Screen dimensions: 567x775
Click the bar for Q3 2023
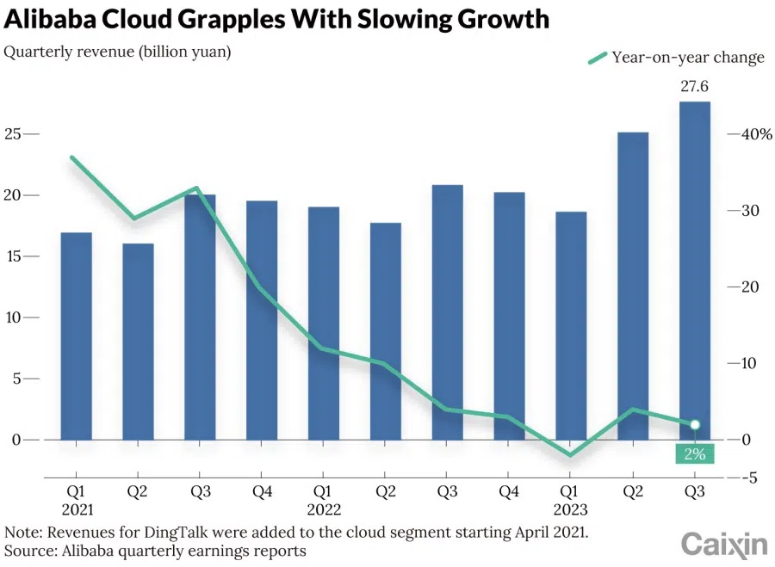pyautogui.click(x=695, y=270)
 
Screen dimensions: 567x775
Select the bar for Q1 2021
pyautogui.click(x=76, y=336)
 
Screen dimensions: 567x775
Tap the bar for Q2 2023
pyautogui.click(x=633, y=286)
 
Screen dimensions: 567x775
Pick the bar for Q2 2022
pyautogui.click(x=385, y=331)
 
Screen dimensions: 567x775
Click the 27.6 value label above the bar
pyautogui.click(x=695, y=87)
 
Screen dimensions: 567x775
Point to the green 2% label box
pyautogui.click(x=695, y=453)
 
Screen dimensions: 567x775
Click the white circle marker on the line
pyautogui.click(x=695, y=424)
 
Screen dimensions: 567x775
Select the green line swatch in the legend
pyautogui.click(x=597, y=58)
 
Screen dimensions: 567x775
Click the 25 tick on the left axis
pyautogui.click(x=13, y=134)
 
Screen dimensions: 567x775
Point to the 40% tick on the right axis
pyautogui.click(x=753, y=134)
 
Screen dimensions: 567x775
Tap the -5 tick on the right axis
pyautogui.click(x=749, y=478)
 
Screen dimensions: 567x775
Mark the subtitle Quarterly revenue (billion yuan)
pyautogui.click(x=118, y=52)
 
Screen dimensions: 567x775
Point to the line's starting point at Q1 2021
pyautogui.click(x=72, y=157)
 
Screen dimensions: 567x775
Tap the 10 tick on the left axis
pyautogui.click(x=13, y=317)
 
